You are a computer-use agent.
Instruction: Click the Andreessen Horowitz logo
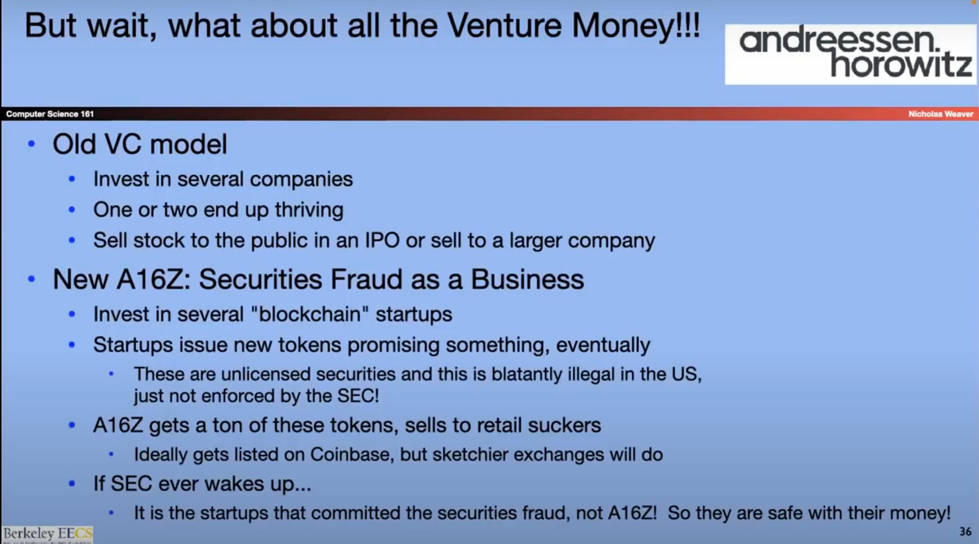[x=851, y=54]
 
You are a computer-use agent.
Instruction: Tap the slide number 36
[x=965, y=531]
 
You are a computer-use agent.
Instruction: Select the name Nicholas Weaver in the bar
[x=941, y=114]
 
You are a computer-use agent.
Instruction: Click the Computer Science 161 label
[x=50, y=114]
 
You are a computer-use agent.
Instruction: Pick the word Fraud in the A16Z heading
[x=366, y=279]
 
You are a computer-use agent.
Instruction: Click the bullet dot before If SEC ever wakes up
[x=72, y=484]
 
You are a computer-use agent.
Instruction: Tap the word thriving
[x=309, y=210]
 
